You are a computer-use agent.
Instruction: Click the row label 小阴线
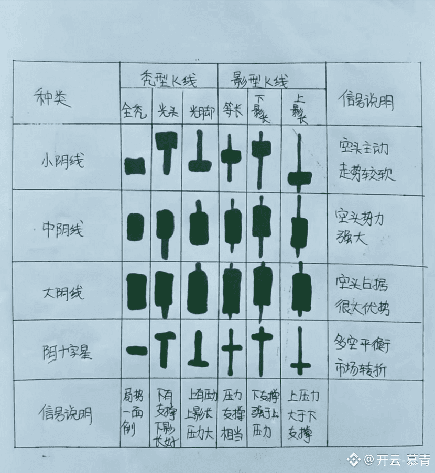click(x=62, y=160)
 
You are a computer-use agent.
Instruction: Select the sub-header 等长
click(x=231, y=111)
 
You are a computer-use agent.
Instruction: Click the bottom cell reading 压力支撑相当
click(x=231, y=413)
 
